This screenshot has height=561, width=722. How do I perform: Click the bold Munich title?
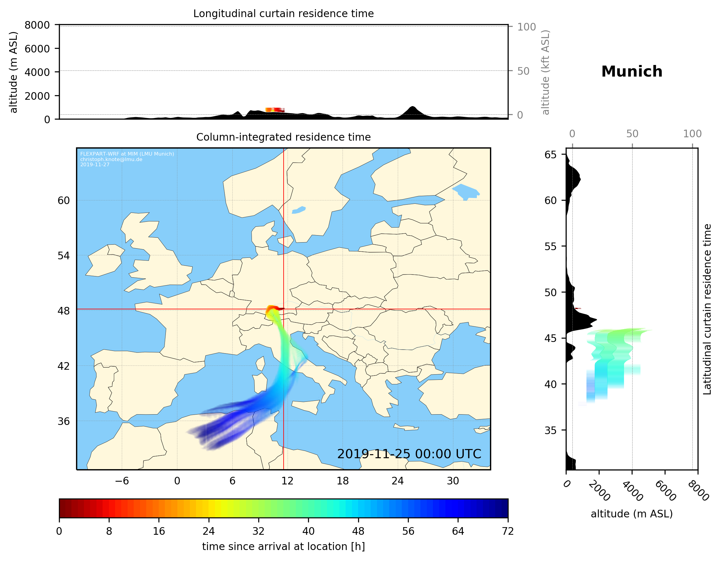pos(631,72)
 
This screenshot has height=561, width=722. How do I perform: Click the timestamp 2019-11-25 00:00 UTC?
pos(409,454)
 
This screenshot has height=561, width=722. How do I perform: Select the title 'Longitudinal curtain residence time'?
pos(283,13)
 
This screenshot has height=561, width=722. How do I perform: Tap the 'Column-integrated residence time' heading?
pos(283,137)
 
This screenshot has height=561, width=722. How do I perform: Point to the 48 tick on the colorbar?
pos(358,531)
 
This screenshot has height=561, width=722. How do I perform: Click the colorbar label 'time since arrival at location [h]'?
pos(283,546)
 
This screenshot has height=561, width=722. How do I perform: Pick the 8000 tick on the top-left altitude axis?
pos(37,25)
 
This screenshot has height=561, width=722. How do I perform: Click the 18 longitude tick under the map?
pos(343,481)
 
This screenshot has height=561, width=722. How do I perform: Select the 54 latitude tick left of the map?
pos(63,256)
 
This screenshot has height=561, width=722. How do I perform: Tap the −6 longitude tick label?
pos(122,481)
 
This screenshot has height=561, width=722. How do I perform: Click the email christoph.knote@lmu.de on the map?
pos(111,159)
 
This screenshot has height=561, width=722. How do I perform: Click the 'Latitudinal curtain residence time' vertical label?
pos(707,309)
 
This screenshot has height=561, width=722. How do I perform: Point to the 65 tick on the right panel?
pos(550,155)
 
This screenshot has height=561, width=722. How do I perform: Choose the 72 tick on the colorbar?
pos(508,531)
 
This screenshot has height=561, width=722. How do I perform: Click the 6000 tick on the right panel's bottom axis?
pos(665,491)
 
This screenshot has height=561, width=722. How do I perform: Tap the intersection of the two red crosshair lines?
pos(284,309)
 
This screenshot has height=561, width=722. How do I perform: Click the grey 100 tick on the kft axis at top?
pos(526,27)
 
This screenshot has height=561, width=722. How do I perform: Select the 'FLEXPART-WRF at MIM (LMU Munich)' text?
pos(127,154)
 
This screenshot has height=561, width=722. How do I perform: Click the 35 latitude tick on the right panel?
pos(550,430)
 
